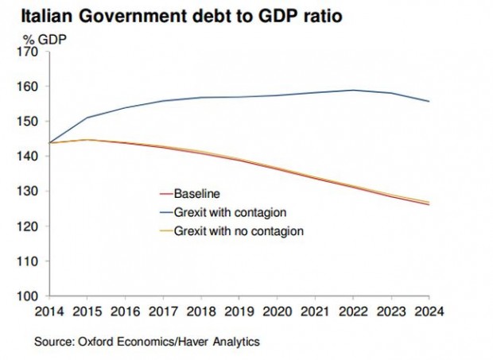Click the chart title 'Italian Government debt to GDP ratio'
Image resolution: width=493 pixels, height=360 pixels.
pos(181,17)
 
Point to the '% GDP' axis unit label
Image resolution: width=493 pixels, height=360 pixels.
pos(45,40)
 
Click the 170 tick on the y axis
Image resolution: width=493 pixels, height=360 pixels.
pos(27,52)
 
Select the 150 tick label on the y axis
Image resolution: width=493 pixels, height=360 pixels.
pos(27,122)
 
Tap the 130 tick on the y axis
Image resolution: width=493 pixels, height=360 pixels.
pos(27,191)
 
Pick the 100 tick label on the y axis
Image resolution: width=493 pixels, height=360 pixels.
pos(27,296)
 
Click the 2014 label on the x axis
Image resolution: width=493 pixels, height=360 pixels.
pos(49,312)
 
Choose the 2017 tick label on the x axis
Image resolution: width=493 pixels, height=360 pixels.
pos(163,312)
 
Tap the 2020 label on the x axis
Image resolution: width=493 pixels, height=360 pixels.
pos(278,312)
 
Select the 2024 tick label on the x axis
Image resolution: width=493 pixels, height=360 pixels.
pos(429,312)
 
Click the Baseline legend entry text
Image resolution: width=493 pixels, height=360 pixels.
pos(197,193)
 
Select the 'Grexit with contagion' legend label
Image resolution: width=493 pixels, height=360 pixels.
pos(230,212)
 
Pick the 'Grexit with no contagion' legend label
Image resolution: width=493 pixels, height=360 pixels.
pos(239,231)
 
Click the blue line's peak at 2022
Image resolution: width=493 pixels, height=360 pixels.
pos(353,90)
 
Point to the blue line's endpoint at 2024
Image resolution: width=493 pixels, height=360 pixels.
pos(429,101)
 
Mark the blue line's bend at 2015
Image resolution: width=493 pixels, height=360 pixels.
pos(87,118)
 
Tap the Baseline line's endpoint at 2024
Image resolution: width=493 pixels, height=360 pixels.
pos(429,205)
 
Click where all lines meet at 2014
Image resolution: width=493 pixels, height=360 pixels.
pos(49,143)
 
